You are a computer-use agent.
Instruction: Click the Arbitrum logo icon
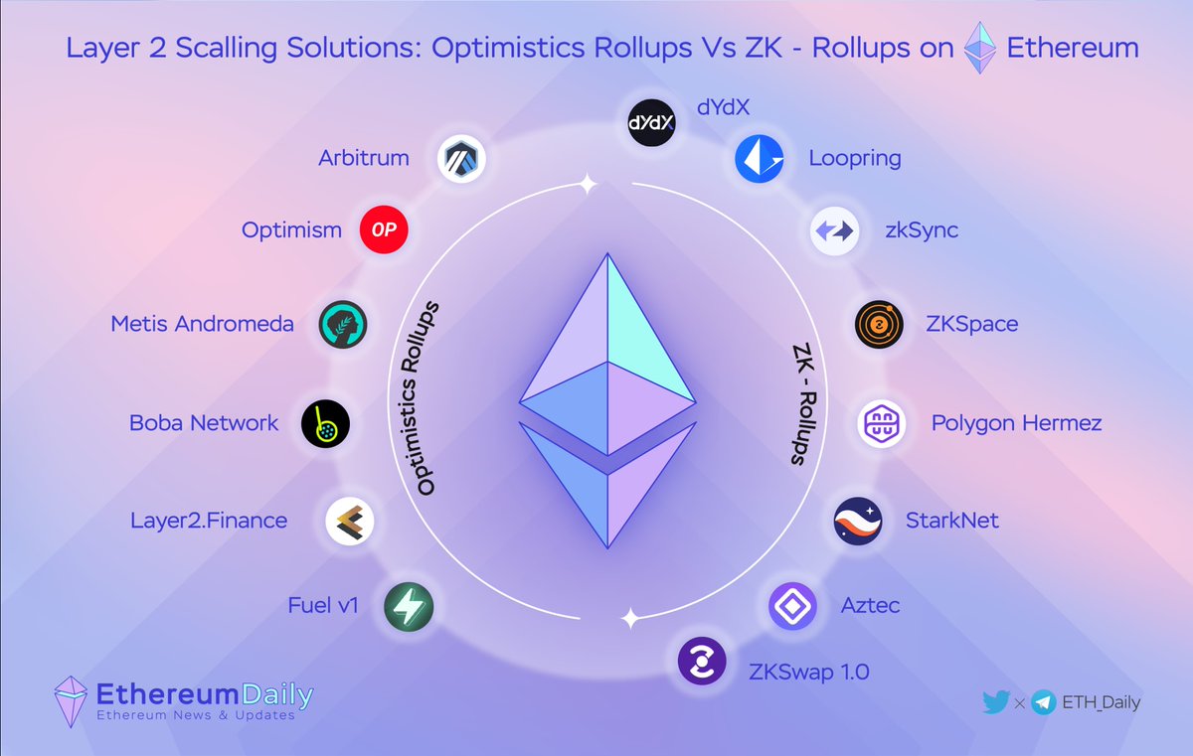(462, 158)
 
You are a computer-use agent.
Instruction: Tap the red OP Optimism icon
(384, 230)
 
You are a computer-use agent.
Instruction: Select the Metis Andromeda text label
(203, 324)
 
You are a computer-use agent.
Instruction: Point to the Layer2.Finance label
(209, 520)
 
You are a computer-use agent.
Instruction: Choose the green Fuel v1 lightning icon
(409, 605)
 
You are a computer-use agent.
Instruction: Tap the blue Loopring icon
(760, 159)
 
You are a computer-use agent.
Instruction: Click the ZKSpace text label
(971, 324)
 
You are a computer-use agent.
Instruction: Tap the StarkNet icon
(857, 521)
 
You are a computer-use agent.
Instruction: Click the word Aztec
(870, 605)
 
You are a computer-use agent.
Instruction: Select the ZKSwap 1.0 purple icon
(702, 662)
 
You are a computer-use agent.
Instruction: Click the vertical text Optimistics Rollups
(426, 400)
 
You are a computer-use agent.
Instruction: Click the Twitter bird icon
(995, 702)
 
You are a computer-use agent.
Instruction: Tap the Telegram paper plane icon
(1043, 702)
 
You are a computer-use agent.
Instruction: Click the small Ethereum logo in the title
(980, 49)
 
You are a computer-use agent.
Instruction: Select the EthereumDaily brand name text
(204, 693)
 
